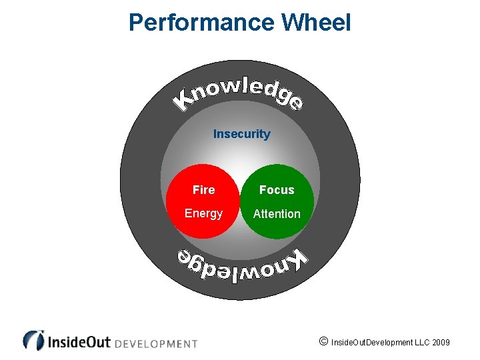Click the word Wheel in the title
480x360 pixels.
(x=315, y=23)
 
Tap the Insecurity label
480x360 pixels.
(x=241, y=134)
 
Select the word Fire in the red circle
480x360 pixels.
(x=203, y=190)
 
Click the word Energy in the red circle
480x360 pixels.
(x=203, y=213)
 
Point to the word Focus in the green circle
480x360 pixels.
(x=277, y=190)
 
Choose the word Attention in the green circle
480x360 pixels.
(x=277, y=214)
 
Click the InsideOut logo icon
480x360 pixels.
(x=33, y=340)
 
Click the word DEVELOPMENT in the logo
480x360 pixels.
(x=157, y=344)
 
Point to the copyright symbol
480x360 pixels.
(x=323, y=342)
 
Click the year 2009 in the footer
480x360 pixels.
(x=441, y=343)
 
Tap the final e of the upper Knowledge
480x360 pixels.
(x=297, y=104)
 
